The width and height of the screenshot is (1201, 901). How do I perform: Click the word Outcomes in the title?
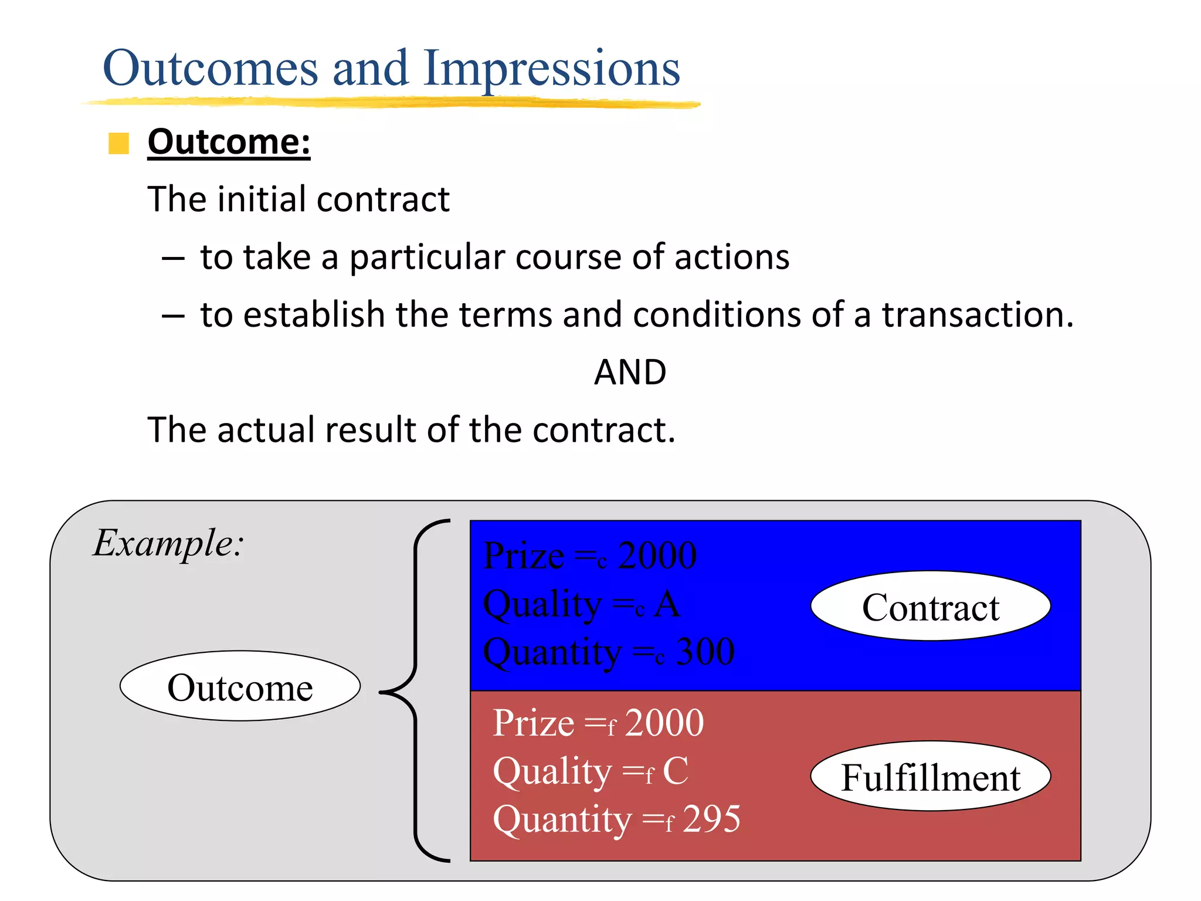pos(210,69)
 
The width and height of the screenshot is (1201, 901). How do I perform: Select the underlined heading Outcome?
pos(229,143)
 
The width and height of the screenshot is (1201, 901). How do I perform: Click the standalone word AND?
pos(630,372)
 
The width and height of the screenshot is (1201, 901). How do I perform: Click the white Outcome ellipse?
pos(240,686)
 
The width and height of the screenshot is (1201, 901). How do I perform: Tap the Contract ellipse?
pos(930,607)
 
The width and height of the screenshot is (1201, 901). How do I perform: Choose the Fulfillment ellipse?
pos(930,777)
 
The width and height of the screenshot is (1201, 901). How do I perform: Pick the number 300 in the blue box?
pos(705,652)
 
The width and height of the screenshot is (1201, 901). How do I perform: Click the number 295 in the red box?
pos(711,819)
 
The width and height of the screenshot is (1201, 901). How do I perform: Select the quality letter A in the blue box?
pos(667,604)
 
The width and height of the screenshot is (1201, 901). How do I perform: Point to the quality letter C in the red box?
pos(676,771)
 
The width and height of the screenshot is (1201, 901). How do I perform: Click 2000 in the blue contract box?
pos(657,556)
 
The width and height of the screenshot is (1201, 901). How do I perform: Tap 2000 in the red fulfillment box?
pos(664,723)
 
